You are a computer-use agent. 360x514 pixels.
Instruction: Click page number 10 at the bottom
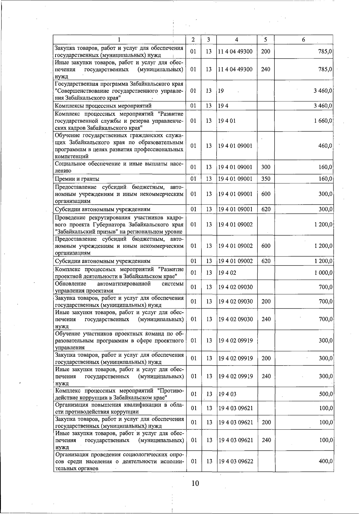tap(195, 483)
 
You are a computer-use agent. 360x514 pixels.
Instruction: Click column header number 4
tap(237, 40)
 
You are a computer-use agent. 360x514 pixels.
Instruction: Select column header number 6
tap(304, 40)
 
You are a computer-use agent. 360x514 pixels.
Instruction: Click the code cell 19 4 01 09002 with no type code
tap(235, 224)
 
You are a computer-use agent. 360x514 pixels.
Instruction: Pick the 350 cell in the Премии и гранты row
tap(266, 179)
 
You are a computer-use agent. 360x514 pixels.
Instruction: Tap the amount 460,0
tap(325, 146)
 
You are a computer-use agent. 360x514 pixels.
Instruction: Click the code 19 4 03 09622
tap(236, 461)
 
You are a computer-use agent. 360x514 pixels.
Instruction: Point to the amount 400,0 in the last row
tap(325, 461)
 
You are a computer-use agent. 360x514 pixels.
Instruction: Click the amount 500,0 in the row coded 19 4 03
tap(325, 394)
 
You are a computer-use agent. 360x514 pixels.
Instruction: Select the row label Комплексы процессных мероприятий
tap(103, 106)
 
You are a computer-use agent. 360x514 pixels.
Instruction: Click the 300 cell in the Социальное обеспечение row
tap(266, 167)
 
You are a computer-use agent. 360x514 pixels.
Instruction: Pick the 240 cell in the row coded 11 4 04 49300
tap(266, 69)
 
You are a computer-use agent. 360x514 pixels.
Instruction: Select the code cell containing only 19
tap(221, 91)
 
